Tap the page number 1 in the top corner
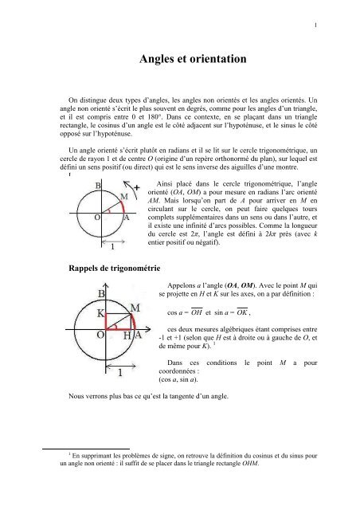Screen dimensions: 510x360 316,25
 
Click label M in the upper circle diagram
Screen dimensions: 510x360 122,197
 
